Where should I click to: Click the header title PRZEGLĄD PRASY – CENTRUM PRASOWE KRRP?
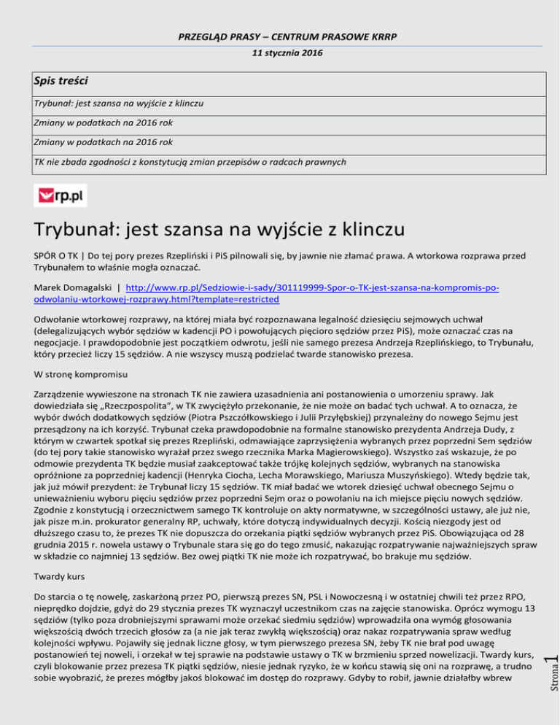click(279, 36)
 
